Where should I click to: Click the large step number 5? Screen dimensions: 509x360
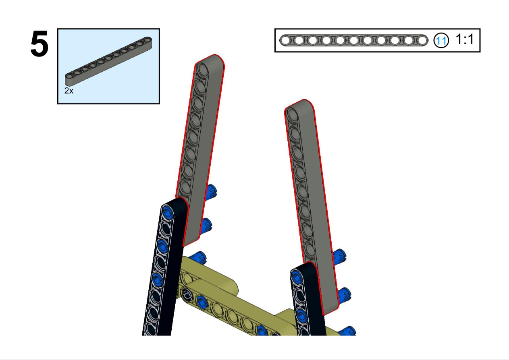(x=39, y=43)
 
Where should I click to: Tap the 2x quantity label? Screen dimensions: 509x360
(x=69, y=91)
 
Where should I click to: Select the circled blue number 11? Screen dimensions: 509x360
(x=441, y=41)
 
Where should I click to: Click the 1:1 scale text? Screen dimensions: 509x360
(x=465, y=39)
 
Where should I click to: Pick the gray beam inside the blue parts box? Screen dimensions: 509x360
(x=108, y=61)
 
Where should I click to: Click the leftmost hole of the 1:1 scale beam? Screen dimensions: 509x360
(x=286, y=41)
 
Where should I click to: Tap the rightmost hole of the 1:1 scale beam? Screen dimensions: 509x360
(x=422, y=41)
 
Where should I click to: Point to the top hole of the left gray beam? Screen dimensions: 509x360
(x=202, y=70)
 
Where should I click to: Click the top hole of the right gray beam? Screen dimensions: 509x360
(x=293, y=115)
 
